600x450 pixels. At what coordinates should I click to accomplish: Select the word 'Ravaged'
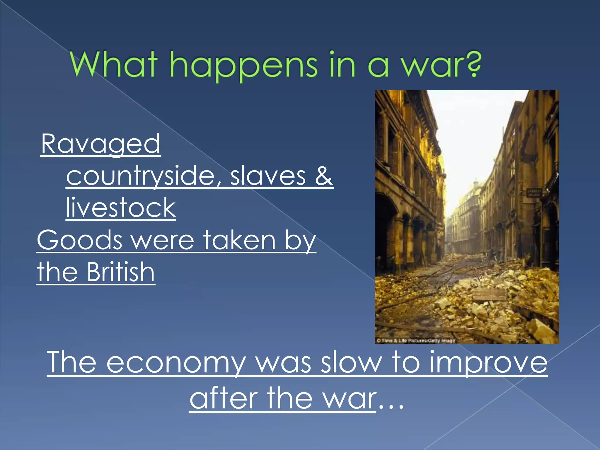point(100,144)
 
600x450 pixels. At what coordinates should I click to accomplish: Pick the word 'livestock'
point(120,208)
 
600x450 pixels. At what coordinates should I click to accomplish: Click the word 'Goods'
point(79,240)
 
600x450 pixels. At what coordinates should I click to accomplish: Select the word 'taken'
point(239,240)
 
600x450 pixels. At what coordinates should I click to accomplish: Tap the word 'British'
point(120,272)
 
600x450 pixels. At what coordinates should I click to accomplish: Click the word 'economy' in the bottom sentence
point(176,363)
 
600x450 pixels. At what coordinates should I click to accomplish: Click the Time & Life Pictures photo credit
point(415,340)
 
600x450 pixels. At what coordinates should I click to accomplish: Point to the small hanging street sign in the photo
point(534,193)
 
